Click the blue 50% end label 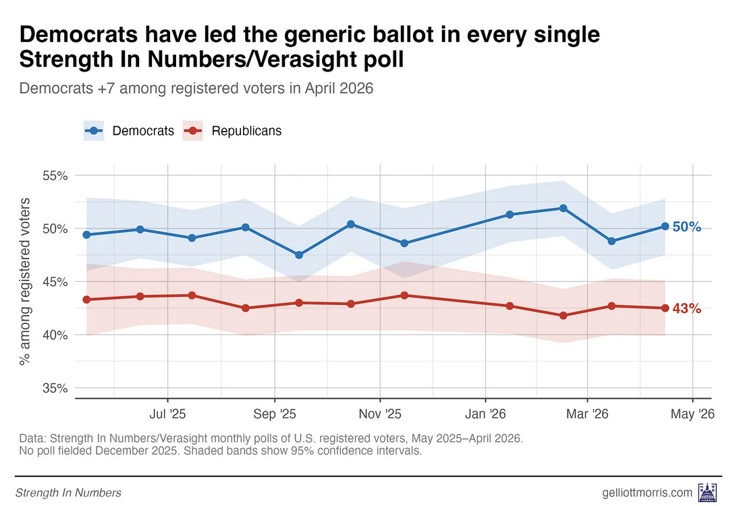(x=686, y=227)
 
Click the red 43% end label (x=686, y=309)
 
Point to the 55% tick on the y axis (x=54, y=176)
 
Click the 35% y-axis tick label (x=54, y=389)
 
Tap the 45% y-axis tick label (x=54, y=282)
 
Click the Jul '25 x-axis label (x=167, y=414)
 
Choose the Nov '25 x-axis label (x=380, y=414)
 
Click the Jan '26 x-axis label (x=485, y=414)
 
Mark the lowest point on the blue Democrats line (x=299, y=255)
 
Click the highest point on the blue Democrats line (x=563, y=208)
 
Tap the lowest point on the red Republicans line (x=563, y=316)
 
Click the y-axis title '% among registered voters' (x=26, y=282)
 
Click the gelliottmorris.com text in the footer (x=647, y=493)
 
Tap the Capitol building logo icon (x=707, y=492)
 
